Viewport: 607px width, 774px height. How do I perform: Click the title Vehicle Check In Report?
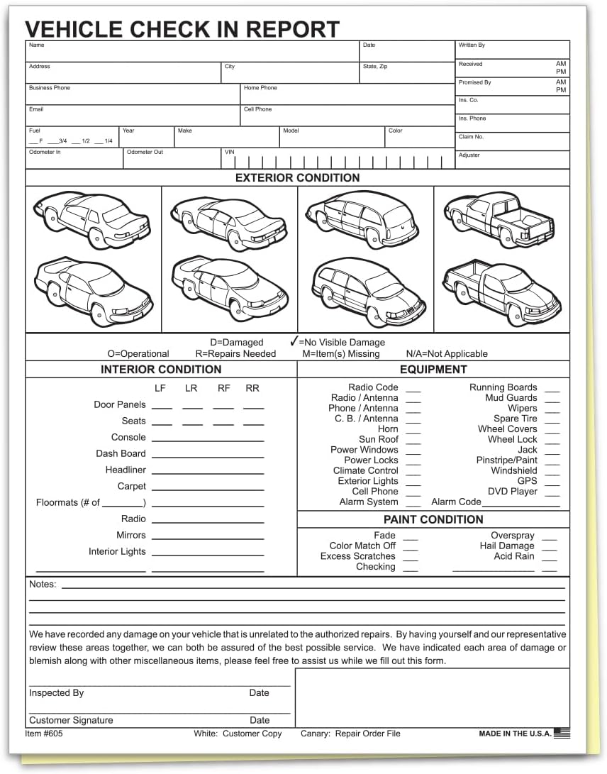182,28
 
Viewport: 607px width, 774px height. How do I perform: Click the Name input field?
192,53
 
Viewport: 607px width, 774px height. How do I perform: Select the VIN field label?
229,152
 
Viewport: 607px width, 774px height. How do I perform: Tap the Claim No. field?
512,142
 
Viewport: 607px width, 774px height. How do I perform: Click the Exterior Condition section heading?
297,178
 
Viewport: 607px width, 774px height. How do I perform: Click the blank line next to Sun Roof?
413,441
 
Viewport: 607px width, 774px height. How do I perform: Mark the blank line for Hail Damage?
549,547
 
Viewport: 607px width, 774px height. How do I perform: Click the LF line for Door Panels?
162,406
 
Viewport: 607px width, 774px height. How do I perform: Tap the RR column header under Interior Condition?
252,388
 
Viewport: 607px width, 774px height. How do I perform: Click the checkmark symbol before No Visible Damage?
294,341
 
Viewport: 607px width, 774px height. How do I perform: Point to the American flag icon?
562,734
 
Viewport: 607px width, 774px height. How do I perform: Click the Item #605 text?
44,734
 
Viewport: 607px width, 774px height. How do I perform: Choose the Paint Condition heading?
433,519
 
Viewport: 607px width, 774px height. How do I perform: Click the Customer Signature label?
71,720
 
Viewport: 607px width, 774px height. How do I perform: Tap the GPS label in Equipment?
527,481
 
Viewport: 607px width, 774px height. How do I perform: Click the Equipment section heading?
433,370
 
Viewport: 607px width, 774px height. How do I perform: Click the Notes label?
43,585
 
